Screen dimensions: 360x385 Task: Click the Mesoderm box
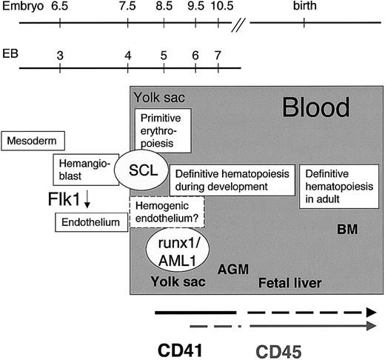pyautogui.click(x=33, y=140)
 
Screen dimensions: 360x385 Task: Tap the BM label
pyautogui.click(x=346, y=231)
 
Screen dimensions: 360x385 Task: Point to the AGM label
pyautogui.click(x=232, y=270)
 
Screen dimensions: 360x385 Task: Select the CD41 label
pyautogui.click(x=182, y=347)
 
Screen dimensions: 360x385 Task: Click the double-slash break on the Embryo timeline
pyautogui.click(x=238, y=22)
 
